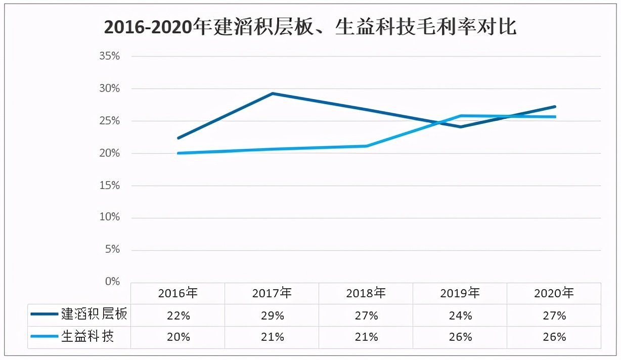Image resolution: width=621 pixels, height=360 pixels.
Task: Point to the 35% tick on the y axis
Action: pyautogui.click(x=109, y=56)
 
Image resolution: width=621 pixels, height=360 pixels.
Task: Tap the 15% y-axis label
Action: pyautogui.click(x=109, y=186)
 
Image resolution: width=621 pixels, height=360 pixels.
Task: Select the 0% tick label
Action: pyautogui.click(x=112, y=282)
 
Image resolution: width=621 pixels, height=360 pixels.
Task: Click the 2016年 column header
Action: pyautogui.click(x=178, y=293)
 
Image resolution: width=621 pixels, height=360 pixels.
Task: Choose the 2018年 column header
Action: pyautogui.click(x=366, y=293)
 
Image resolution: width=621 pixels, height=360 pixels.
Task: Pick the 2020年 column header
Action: pyautogui.click(x=554, y=293)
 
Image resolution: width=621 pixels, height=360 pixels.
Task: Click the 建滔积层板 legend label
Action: pyautogui.click(x=94, y=314)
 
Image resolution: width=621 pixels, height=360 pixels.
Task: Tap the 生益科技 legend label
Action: pyautogui.click(x=87, y=337)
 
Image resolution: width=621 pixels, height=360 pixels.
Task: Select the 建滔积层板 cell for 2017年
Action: pyautogui.click(x=272, y=316)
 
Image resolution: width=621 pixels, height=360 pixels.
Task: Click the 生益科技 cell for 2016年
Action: pyautogui.click(x=178, y=337)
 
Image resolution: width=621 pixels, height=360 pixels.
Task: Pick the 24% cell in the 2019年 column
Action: pyautogui.click(x=460, y=316)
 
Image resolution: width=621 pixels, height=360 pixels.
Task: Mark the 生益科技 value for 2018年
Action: pyautogui.click(x=366, y=337)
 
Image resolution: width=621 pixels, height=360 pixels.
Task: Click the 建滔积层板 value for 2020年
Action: pyautogui.click(x=554, y=316)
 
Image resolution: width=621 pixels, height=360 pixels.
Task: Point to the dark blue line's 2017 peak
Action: pyautogui.click(x=272, y=94)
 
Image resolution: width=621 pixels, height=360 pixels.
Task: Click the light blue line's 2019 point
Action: pyautogui.click(x=460, y=116)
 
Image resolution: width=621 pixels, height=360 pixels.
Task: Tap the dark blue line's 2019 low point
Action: pyautogui.click(x=460, y=127)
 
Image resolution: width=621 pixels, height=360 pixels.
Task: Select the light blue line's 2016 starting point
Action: pyautogui.click(x=178, y=153)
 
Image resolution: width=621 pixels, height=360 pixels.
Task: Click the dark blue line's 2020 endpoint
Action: pyautogui.click(x=555, y=107)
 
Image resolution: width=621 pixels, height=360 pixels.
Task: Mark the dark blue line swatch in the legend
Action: pyautogui.click(x=44, y=314)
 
